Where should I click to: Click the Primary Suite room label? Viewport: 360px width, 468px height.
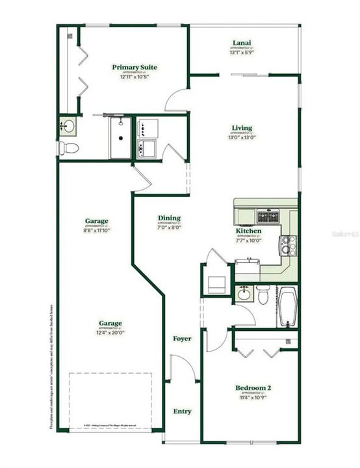pos(135,67)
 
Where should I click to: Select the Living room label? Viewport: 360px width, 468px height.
pos(241,128)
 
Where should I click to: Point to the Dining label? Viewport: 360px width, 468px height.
pos(169,218)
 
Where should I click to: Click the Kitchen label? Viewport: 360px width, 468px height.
pos(248,231)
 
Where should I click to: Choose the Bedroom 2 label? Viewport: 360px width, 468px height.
pos(253,388)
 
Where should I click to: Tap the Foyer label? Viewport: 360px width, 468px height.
pos(182,339)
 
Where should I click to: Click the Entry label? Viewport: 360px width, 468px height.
pos(182,411)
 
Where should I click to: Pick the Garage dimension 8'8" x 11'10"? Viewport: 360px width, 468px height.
pos(96,231)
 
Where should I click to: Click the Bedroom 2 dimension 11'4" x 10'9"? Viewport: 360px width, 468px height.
pos(253,398)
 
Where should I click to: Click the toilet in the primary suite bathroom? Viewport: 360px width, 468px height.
pos(68,148)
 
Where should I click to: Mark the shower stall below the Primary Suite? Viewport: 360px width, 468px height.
pos(120,138)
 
